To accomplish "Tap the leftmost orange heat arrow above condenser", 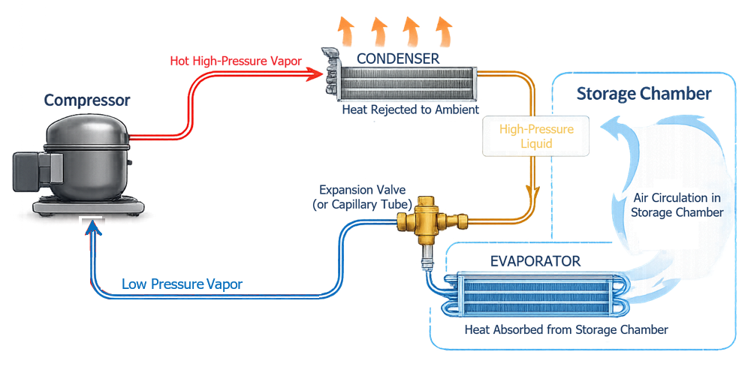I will [346, 32].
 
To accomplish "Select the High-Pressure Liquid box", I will [537, 136].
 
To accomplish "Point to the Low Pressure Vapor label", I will [182, 284].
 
